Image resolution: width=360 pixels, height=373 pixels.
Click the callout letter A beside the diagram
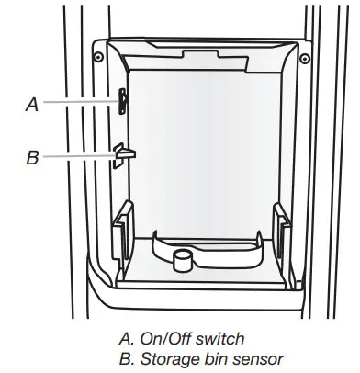pyautogui.click(x=32, y=105)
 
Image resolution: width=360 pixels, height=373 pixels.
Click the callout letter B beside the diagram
pyautogui.click(x=32, y=157)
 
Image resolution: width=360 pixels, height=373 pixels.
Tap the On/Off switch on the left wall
pyautogui.click(x=121, y=101)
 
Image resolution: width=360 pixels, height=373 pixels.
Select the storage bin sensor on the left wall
pyautogui.click(x=122, y=154)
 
